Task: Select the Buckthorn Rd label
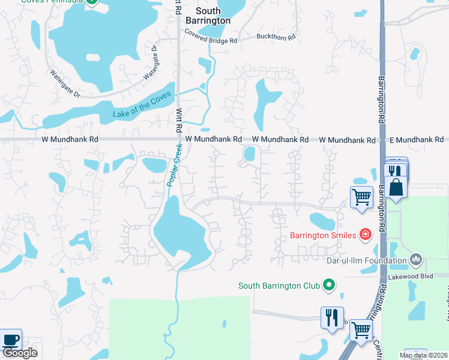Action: click(276, 37)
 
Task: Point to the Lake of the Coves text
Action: click(142, 106)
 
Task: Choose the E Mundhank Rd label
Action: click(416, 140)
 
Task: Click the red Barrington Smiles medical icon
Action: click(365, 235)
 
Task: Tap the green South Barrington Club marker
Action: click(328, 286)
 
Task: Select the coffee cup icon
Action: click(11, 340)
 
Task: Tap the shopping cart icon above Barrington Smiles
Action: click(361, 197)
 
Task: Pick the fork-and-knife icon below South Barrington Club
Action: click(331, 317)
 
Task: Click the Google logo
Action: click(20, 353)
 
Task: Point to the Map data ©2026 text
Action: click(424, 355)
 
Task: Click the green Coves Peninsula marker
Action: click(91, 2)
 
